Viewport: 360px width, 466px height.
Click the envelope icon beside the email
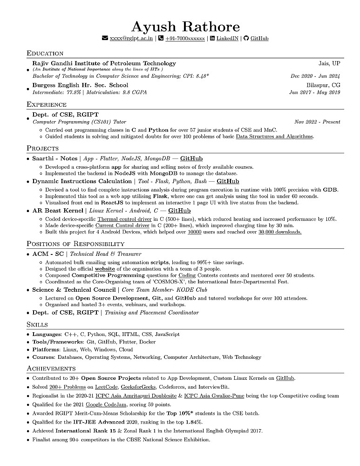coord(105,39)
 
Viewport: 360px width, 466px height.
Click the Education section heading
coord(45,53)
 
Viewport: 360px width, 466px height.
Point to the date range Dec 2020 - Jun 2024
coord(315,76)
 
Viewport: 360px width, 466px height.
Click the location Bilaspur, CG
coord(323,85)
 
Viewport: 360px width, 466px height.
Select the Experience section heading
coord(47,104)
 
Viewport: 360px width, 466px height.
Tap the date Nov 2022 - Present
coord(317,122)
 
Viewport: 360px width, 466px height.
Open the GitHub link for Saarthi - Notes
coord(191,159)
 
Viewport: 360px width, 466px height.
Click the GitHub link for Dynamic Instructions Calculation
coord(228,181)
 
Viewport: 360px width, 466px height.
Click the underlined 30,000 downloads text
coord(280,232)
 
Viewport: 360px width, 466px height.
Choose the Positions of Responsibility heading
coord(75,244)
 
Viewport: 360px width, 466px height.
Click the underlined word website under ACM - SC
coord(105,269)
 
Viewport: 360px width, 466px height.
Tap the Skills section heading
coord(37,324)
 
